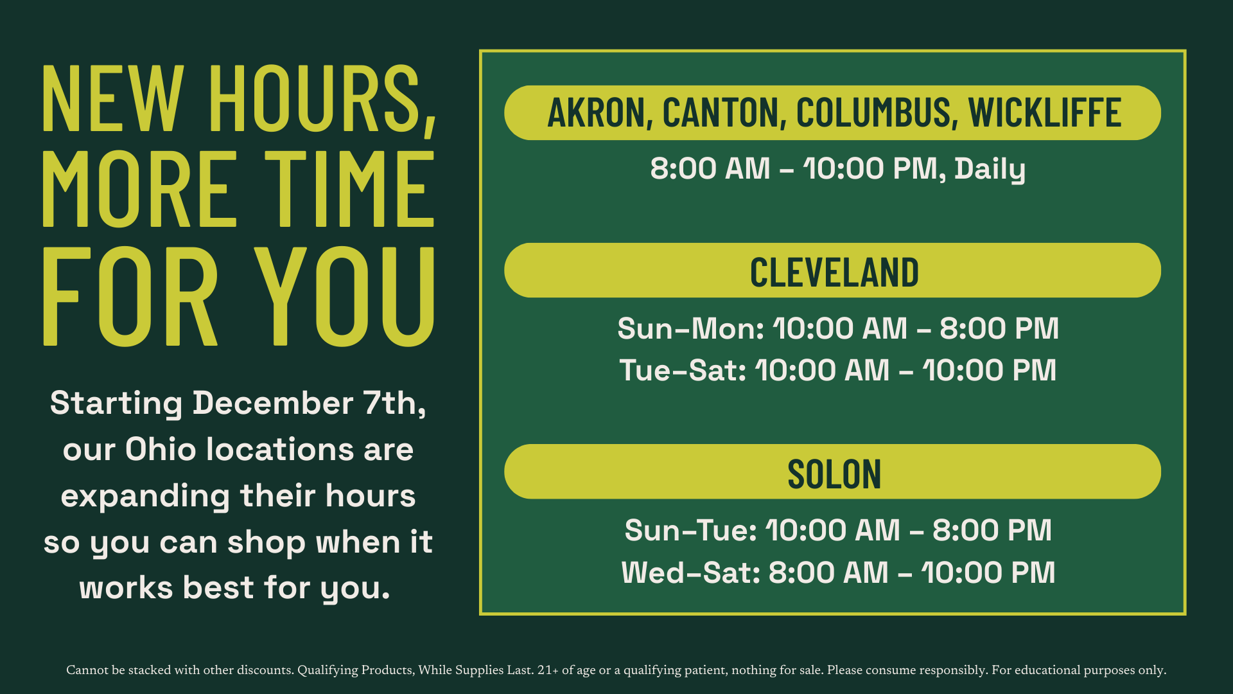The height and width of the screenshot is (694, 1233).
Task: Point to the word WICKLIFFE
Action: pos(1045,113)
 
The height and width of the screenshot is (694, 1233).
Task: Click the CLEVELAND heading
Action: pos(834,272)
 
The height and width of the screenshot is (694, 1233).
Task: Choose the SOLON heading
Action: pos(834,474)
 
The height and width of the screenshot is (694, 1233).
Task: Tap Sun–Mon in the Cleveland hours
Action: pos(690,328)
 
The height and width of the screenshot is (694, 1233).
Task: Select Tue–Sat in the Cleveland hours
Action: pos(683,370)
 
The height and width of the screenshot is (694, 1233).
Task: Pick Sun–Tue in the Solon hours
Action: pos(690,531)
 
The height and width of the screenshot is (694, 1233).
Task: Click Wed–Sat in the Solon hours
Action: pos(691,573)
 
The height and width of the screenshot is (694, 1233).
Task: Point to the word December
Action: pos(273,404)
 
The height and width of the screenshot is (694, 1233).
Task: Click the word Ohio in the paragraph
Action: pos(161,449)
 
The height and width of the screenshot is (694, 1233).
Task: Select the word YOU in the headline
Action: pos(345,296)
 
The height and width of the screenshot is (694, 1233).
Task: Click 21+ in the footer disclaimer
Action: pos(548,670)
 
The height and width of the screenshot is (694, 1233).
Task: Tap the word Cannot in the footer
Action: pos(87,670)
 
